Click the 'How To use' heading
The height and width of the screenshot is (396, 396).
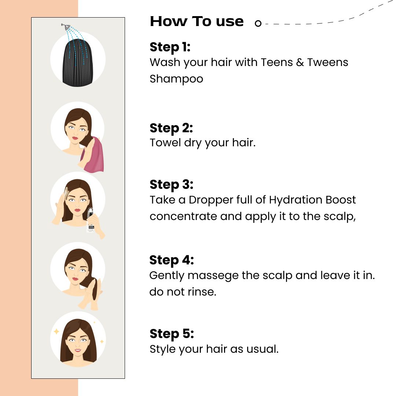(x=197, y=21)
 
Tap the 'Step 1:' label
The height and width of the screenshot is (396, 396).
(x=170, y=47)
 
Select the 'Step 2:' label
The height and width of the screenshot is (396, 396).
(x=171, y=128)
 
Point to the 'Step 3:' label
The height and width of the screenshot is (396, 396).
(x=172, y=184)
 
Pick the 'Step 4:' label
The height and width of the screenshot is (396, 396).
(x=172, y=260)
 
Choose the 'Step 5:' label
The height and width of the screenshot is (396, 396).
(x=172, y=334)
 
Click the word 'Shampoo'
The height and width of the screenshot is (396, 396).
(x=176, y=79)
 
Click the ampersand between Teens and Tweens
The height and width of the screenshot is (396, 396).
(x=300, y=62)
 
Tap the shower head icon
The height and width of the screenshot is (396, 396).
(x=66, y=26)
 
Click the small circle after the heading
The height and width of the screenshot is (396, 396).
(x=258, y=23)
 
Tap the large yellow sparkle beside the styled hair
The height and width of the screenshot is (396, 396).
(x=56, y=331)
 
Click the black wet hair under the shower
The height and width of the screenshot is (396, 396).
(x=77, y=63)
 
